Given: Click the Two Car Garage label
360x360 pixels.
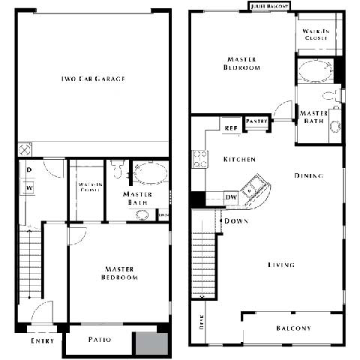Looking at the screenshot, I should (x=93, y=79).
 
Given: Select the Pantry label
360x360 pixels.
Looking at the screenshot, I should (x=256, y=121).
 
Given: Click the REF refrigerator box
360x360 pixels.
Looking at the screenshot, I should (x=231, y=127).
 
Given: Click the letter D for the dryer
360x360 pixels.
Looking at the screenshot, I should (x=28, y=170).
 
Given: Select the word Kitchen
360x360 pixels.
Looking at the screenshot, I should (x=239, y=160).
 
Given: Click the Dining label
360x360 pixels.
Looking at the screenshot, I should (x=308, y=176).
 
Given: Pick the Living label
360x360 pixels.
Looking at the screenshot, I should (x=281, y=265).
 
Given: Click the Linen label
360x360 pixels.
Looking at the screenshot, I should (x=164, y=214).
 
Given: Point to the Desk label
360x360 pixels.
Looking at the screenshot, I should (x=202, y=322).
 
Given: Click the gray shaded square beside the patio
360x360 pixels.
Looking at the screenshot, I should (x=151, y=342).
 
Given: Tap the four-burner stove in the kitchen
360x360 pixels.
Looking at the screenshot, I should (x=200, y=159).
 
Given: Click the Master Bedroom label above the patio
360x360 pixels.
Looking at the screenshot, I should (x=121, y=274).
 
